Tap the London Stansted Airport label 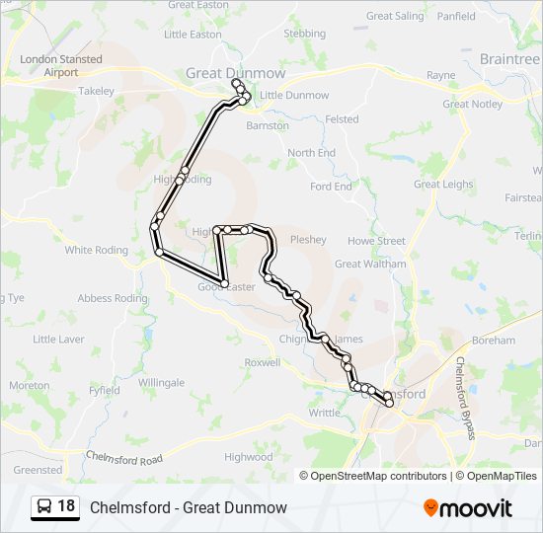click(60, 66)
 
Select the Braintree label click(508, 59)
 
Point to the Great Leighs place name click(443, 184)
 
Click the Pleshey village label click(308, 239)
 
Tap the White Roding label click(96, 250)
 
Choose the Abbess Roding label click(109, 298)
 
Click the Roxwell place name click(262, 362)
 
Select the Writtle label click(324, 413)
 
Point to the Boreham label click(494, 341)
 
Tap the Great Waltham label click(370, 264)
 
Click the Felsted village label click(342, 119)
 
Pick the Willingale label click(161, 382)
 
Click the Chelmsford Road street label click(123, 459)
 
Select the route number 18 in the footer click(66, 506)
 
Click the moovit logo click(468, 507)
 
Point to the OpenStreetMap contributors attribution click(378, 476)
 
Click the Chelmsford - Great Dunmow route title click(188, 507)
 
